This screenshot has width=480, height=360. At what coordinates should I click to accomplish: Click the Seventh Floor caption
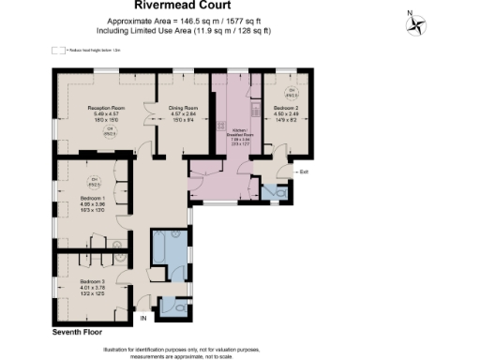pyautogui.click(x=77, y=332)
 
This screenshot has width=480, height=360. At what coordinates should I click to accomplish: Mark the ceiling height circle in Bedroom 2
pyautogui.click(x=290, y=92)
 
